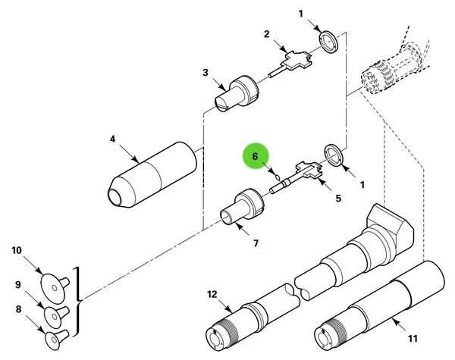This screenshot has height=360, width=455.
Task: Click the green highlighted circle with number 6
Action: (x=256, y=157)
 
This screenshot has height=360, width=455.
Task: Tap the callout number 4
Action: (x=112, y=139)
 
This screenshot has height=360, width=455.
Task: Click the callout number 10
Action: (x=17, y=249)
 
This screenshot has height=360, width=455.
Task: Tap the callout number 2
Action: (x=266, y=34)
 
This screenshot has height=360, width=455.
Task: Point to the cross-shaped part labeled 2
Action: (x=297, y=59)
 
